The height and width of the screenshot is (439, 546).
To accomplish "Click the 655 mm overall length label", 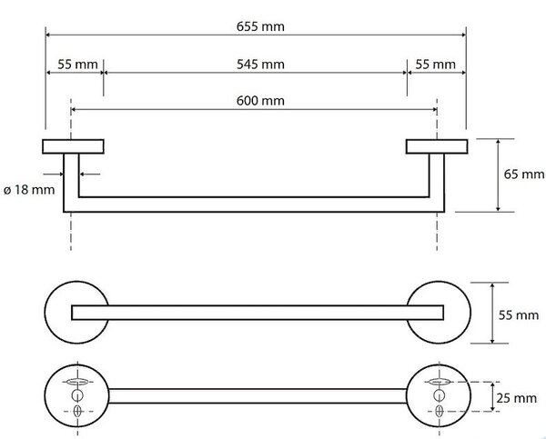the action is pyautogui.click(x=260, y=26).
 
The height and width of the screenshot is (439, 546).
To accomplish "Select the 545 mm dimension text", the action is pyautogui.click(x=260, y=65).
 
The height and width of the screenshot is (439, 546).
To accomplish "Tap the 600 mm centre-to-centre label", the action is pyautogui.click(x=260, y=101).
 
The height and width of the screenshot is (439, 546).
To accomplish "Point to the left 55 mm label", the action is pyautogui.click(x=77, y=65).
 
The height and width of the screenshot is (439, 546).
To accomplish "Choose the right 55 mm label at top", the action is pyautogui.click(x=435, y=65).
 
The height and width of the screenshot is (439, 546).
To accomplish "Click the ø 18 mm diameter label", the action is pyautogui.click(x=29, y=190).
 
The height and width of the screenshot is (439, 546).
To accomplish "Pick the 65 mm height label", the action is pyautogui.click(x=524, y=174).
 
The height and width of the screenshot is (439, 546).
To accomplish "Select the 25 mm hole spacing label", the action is pyautogui.click(x=516, y=398).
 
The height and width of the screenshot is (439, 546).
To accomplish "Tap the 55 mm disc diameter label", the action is pyautogui.click(x=519, y=315).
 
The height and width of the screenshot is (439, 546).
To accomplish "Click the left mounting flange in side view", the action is pyautogui.click(x=73, y=146).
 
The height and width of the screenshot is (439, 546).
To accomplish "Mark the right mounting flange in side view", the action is pyautogui.click(x=437, y=146).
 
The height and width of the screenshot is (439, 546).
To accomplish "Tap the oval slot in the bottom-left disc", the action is pyautogui.click(x=77, y=382).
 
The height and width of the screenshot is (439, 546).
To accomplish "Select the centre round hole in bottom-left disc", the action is pyautogui.click(x=77, y=395).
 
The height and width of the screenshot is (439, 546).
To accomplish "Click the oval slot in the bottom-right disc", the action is pyautogui.click(x=440, y=382).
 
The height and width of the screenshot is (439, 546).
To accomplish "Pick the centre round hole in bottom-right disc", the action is pyautogui.click(x=440, y=395).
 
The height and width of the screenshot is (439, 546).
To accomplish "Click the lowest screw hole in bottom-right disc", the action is pyautogui.click(x=440, y=412).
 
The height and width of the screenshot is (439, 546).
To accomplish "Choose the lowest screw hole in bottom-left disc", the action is pyautogui.click(x=77, y=412).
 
